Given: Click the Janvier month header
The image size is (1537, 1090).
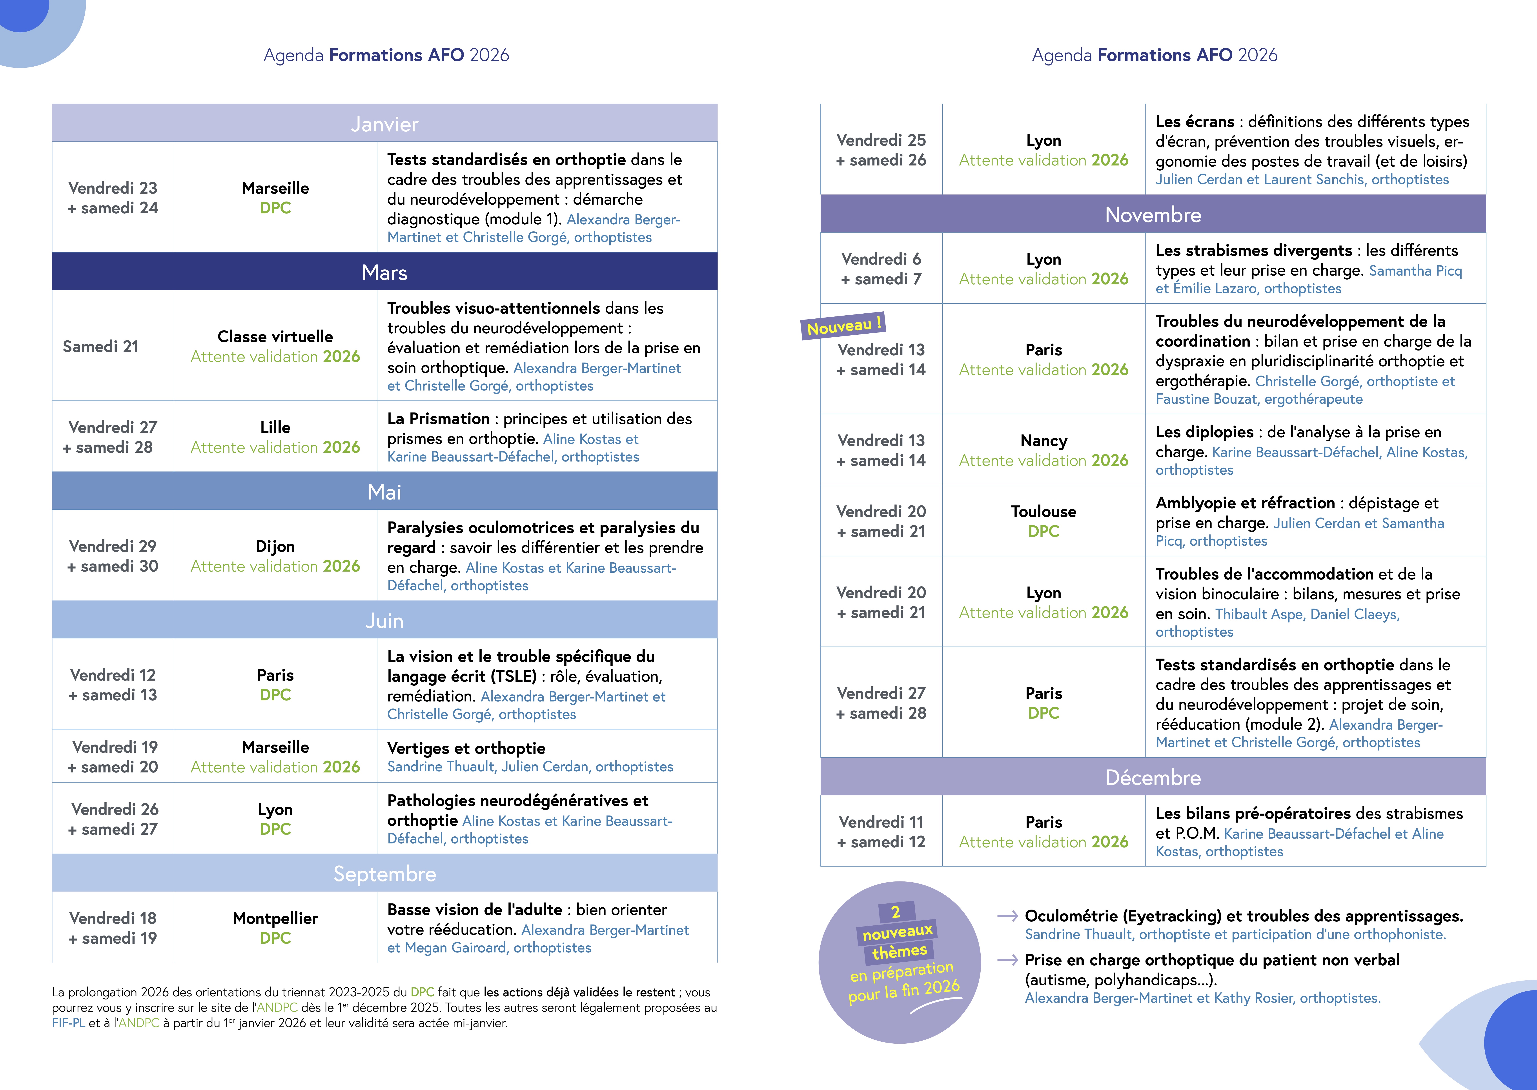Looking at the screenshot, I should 385,124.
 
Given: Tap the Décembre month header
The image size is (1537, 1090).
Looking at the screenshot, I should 1152,777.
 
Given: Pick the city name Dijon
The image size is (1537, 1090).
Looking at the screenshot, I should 275,546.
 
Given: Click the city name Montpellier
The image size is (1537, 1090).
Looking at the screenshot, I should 275,918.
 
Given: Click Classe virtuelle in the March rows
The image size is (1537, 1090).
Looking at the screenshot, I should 275,336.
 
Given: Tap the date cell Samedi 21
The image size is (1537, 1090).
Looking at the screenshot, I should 101,346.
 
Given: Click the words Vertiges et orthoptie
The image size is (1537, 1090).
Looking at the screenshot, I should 466,748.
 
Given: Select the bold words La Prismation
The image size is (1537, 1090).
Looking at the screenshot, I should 438,419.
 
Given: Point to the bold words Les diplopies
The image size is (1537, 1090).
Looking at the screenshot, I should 1204,432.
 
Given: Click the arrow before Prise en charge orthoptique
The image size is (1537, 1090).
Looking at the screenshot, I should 1007,960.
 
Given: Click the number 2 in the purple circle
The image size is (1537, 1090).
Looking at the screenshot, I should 895,912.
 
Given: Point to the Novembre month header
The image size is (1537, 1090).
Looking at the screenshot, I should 1152,215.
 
